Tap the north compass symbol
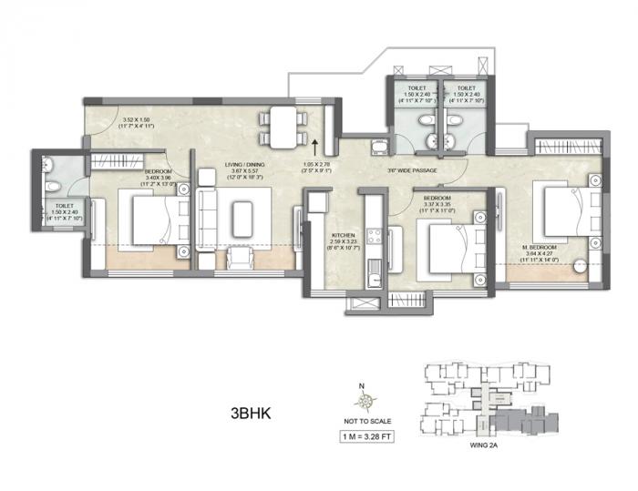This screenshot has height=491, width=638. (x=365, y=399)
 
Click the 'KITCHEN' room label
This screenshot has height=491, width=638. (x=341, y=233)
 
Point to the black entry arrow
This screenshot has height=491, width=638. (x=314, y=145)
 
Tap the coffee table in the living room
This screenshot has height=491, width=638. (x=242, y=220)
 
